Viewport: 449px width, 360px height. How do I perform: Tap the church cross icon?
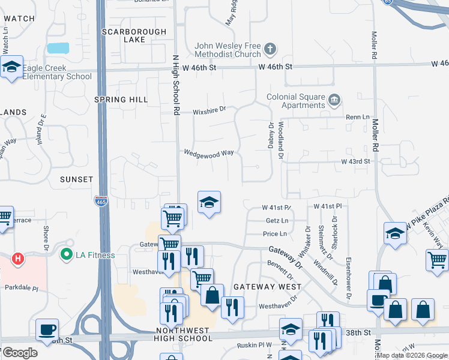tap(270, 48)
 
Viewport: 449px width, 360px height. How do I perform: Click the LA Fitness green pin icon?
tap(67, 255)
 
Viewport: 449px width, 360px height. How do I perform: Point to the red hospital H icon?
tap(19, 259)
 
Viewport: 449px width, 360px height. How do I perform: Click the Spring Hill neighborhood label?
tap(121, 100)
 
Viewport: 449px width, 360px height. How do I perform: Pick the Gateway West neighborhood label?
tap(267, 287)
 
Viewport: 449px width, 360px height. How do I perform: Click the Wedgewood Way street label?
tap(208, 152)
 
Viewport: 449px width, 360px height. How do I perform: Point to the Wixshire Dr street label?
tap(209, 110)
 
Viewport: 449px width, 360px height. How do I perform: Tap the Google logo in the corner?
tap(20, 353)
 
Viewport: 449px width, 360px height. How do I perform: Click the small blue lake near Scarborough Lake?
tap(58, 48)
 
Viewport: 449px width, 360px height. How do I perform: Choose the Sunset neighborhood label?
tap(76, 179)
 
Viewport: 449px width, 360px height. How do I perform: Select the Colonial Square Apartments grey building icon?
tap(335, 98)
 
